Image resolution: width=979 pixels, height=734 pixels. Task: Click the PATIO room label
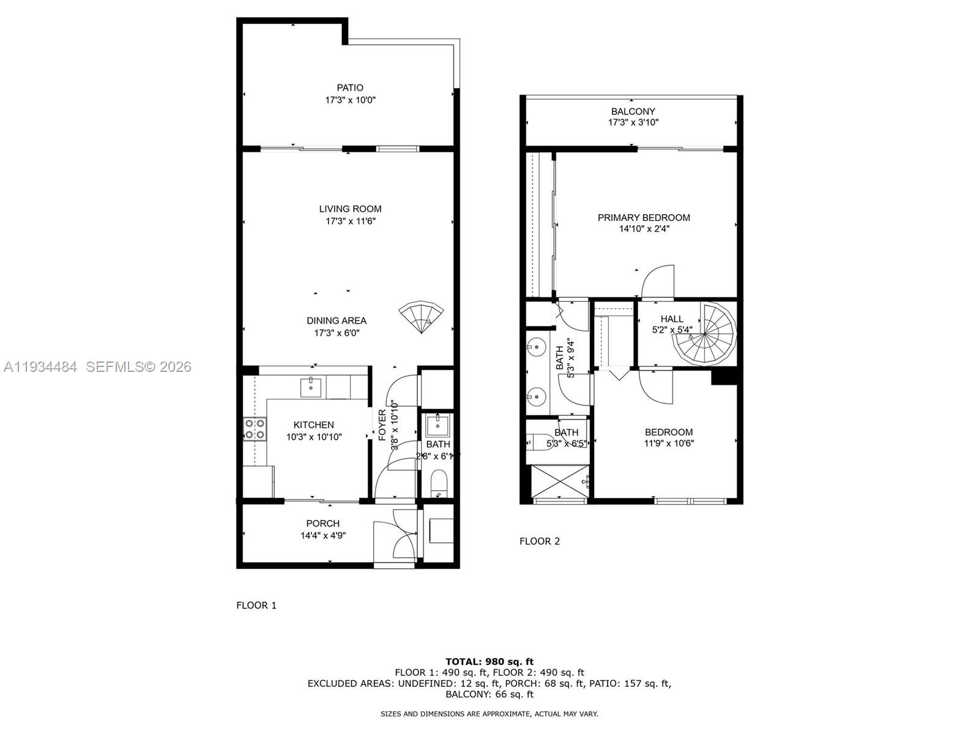coord(349,87)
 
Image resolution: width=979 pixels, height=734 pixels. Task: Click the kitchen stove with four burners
coord(255,428)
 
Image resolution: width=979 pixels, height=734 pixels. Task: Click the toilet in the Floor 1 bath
coord(438,483)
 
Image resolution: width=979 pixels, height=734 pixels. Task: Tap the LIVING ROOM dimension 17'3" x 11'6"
coord(350,221)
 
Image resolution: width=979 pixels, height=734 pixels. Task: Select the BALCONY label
coord(633,111)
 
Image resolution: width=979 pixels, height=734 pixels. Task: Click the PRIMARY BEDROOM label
coord(644,217)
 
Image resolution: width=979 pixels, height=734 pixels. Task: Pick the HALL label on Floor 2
coord(672,319)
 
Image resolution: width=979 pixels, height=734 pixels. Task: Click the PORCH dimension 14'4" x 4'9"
coord(323,535)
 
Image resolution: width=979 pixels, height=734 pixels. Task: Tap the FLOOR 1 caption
coord(256,605)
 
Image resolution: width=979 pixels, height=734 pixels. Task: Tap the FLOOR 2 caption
coord(539,541)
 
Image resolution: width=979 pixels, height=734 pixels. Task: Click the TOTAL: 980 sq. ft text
coord(489,661)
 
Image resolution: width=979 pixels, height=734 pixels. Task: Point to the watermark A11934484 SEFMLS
coord(97,366)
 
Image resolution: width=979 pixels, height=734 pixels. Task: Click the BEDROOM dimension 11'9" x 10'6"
coord(668,443)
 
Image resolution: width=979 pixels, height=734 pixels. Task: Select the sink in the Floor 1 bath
coord(438,424)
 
